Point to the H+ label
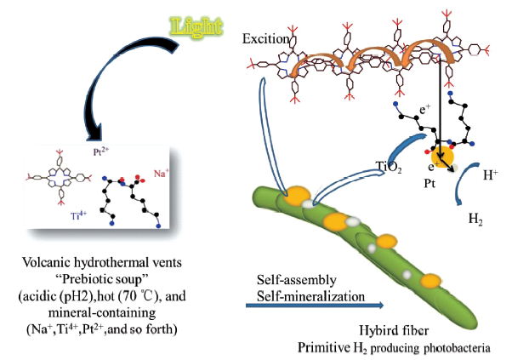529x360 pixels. pos(492,177)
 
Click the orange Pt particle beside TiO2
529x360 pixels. pos(441,157)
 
